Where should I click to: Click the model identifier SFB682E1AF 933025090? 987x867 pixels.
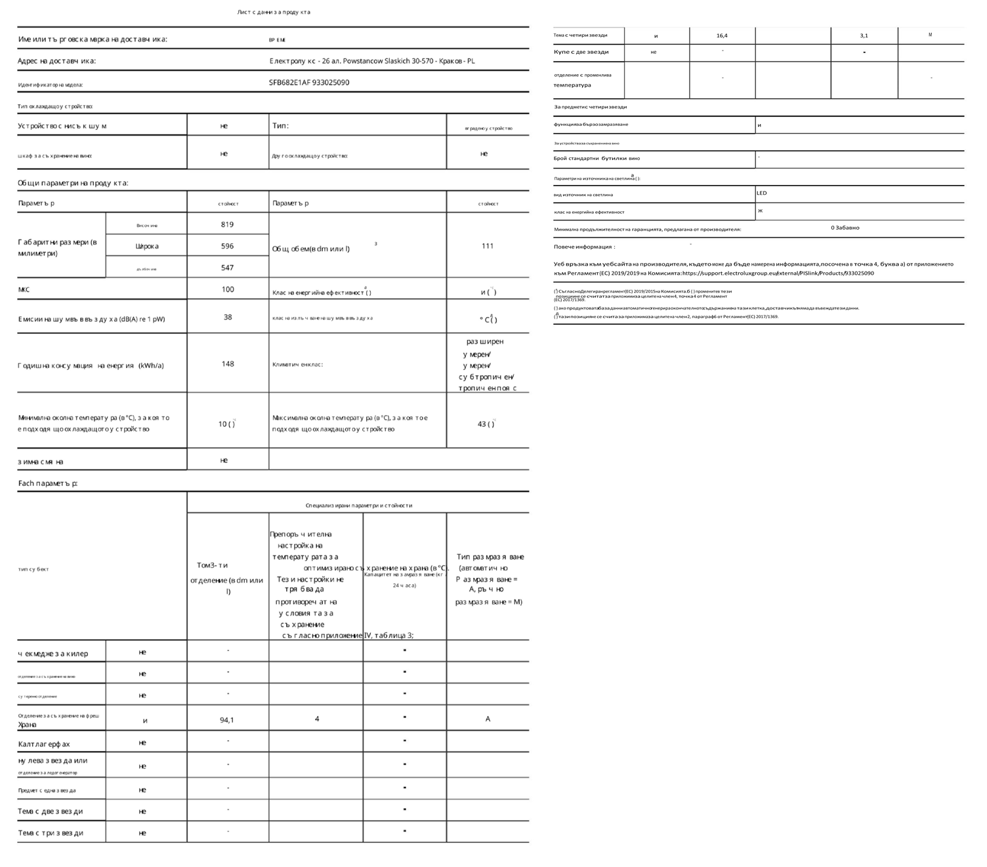tap(308, 83)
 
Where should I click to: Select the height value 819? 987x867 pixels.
tap(227, 224)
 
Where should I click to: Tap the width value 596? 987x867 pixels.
tap(227, 246)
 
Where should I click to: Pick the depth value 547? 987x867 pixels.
tap(227, 268)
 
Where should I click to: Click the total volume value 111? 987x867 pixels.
tap(487, 246)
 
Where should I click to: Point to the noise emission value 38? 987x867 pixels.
tap(227, 317)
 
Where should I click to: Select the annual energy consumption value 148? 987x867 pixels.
tap(227, 364)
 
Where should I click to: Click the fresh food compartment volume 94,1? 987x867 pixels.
tap(226, 720)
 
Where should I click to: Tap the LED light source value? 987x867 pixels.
tap(761, 193)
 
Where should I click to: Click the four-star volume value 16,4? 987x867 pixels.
tap(722, 36)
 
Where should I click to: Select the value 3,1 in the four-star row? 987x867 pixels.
tap(864, 36)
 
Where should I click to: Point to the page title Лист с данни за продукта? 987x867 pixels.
tap(274, 12)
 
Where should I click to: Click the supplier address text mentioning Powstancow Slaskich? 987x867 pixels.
tap(372, 61)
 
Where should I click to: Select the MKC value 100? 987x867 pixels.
tap(227, 289)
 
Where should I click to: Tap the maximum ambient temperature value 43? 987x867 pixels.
tap(483, 424)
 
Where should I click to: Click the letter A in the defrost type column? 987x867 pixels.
tap(488, 719)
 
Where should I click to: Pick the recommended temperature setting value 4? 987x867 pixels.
tap(316, 719)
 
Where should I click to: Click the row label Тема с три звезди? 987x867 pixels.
tap(51, 833)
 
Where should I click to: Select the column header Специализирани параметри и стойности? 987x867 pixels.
tap(358, 506)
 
